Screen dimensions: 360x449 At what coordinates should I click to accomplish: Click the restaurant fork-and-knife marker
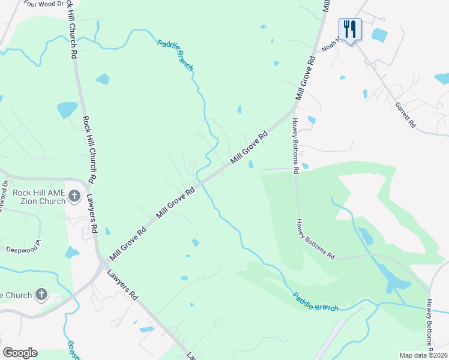350,28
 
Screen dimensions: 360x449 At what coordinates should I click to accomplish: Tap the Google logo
20,352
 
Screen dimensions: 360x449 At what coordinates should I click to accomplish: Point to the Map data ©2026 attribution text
423,355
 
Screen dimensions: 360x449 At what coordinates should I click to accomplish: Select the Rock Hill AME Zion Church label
38,197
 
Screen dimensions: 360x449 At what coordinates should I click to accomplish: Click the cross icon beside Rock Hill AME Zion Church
74,196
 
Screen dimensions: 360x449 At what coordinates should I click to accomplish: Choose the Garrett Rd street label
405,113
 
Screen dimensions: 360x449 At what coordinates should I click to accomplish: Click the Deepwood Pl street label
24,247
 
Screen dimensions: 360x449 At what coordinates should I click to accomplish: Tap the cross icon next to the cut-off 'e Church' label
41,294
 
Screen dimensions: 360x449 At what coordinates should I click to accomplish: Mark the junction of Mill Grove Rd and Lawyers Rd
103,262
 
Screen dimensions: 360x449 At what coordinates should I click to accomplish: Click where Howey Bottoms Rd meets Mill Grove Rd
294,109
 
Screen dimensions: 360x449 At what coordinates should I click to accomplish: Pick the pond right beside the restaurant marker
379,35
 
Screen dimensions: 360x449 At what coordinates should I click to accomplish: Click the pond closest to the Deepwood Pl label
72,252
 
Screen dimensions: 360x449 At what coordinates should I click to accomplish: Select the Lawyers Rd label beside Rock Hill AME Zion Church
91,214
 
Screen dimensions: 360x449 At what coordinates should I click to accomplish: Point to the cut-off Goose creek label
71,349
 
